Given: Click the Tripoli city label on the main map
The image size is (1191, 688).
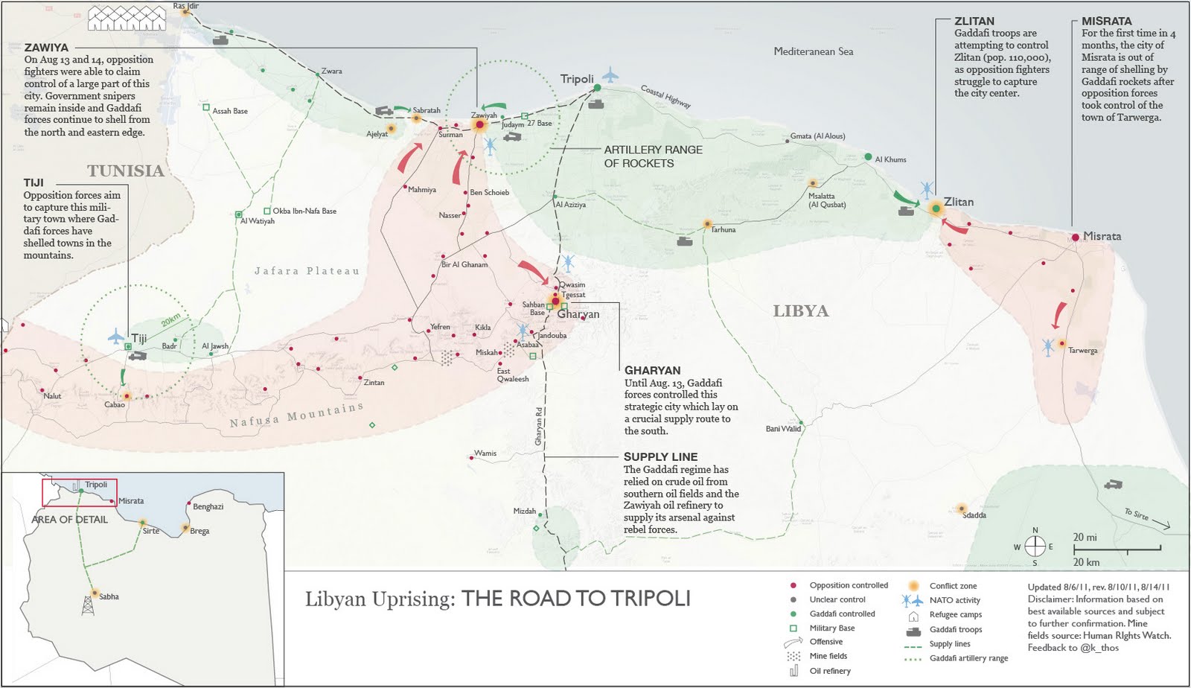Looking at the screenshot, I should click(577, 79).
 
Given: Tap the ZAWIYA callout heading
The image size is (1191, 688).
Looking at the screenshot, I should click(46, 47).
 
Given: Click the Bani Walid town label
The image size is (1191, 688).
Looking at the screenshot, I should click(783, 429).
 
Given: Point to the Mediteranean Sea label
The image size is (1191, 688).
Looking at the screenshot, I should click(813, 51).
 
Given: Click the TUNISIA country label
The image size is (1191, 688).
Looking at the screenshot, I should click(126, 171).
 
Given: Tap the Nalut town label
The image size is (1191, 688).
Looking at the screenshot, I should click(52, 396).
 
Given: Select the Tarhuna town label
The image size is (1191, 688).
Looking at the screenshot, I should click(723, 230).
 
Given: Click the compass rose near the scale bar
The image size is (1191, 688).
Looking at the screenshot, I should click(1035, 546).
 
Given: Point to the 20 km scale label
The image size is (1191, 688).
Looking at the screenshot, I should click(1086, 562).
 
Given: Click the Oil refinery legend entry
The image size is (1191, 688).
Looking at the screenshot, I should click(829, 671).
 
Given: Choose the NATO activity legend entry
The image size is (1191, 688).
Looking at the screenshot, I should click(954, 600).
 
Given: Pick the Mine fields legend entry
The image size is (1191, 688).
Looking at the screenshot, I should click(828, 656).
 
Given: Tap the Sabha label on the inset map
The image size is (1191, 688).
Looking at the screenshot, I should click(109, 596).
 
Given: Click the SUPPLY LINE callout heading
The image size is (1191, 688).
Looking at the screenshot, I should click(660, 456).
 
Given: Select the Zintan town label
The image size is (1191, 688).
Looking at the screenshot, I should click(374, 383).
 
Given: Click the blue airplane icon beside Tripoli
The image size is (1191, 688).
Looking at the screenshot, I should click(610, 74).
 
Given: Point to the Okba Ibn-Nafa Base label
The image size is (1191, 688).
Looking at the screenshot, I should click(304, 211).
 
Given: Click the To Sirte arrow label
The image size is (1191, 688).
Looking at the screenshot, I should click(1137, 514).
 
